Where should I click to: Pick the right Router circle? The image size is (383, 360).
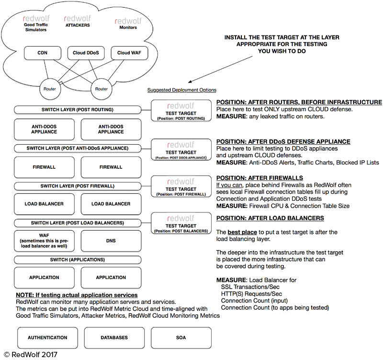pyautogui.click(x=101, y=88)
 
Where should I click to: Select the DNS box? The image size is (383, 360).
pyautogui.click(x=111, y=241)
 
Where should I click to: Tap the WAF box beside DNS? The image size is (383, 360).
pyautogui.click(x=44, y=241)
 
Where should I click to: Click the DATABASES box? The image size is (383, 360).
pyautogui.click(x=114, y=337)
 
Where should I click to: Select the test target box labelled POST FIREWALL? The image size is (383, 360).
pyautogui.click(x=181, y=187)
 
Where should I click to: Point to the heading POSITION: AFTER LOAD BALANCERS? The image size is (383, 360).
pyautogui.click(x=270, y=219)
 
